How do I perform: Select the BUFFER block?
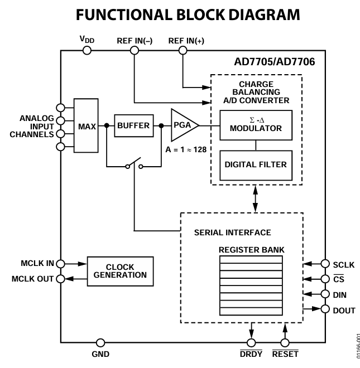click(x=133, y=126)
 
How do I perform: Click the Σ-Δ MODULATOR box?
click(x=256, y=124)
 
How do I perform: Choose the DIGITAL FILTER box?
click(x=256, y=164)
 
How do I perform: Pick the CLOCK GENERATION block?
click(x=120, y=271)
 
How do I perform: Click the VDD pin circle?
click(x=87, y=50)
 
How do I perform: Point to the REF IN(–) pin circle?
click(x=134, y=50)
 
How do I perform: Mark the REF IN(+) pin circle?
click(x=182, y=50)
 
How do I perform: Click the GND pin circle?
click(x=100, y=342)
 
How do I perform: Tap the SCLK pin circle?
click(x=325, y=264)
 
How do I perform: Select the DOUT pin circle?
click(x=325, y=308)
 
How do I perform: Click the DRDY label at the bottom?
click(x=251, y=354)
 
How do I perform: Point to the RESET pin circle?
click(x=285, y=342)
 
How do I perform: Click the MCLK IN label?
click(x=35, y=263)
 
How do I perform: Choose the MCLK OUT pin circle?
click(x=60, y=278)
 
